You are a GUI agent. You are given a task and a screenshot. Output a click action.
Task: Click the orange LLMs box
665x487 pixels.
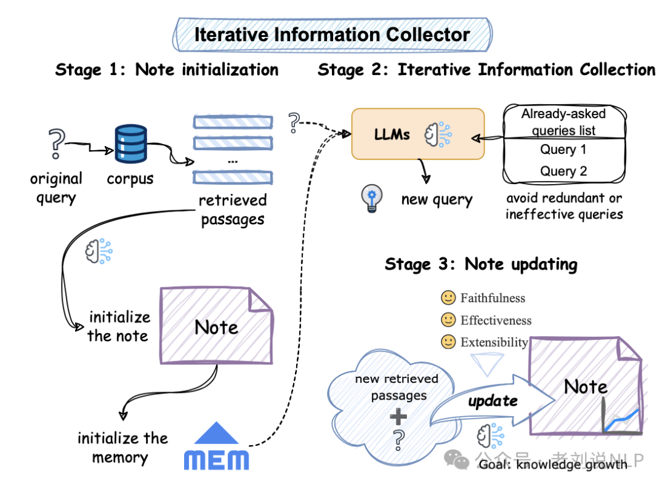click(x=417, y=134)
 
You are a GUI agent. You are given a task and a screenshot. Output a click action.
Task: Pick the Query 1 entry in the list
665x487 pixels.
click(x=563, y=150)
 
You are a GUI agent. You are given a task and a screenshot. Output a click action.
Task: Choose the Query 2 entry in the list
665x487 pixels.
click(x=563, y=171)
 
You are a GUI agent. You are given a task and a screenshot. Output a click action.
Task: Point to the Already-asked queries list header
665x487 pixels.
click(x=563, y=122)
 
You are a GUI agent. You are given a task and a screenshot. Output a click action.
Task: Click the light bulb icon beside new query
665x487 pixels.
click(x=371, y=199)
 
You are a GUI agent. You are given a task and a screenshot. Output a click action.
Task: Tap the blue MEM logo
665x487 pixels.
click(x=217, y=448)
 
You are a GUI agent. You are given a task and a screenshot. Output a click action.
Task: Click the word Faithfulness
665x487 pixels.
click(x=493, y=298)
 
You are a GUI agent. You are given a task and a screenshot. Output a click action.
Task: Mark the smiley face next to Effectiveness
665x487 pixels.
click(x=448, y=320)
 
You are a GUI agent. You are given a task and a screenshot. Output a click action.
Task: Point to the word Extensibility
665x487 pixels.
click(x=494, y=342)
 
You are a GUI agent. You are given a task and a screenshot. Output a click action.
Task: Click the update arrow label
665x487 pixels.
click(x=493, y=401)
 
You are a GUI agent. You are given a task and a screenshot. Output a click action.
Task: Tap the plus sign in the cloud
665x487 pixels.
click(x=398, y=417)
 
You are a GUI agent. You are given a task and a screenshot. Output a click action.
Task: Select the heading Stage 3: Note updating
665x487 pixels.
click(x=481, y=265)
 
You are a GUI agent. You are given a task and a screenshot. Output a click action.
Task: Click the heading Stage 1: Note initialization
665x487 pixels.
click(x=167, y=70)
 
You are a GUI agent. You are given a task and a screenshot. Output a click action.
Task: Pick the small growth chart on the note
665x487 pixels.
click(x=620, y=418)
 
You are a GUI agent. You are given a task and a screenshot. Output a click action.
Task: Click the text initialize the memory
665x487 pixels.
click(x=122, y=448)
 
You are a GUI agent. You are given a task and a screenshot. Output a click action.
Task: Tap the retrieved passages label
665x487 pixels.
click(x=233, y=210)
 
